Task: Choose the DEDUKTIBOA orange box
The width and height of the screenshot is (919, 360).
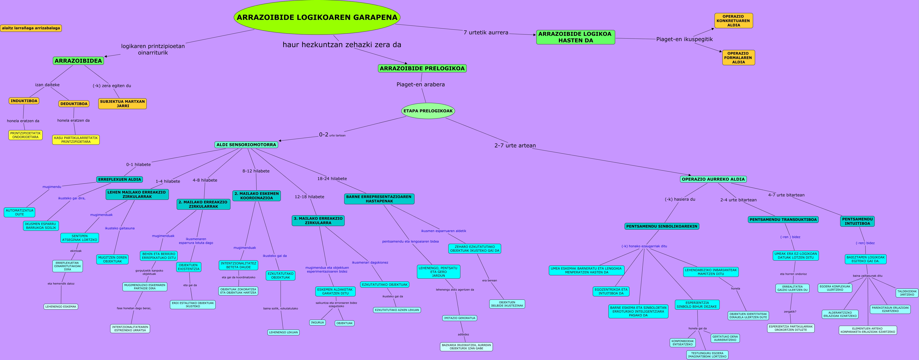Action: [74, 104]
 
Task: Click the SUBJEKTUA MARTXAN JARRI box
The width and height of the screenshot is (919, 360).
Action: [122, 104]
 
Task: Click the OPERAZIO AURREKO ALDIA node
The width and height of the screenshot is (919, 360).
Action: [713, 179]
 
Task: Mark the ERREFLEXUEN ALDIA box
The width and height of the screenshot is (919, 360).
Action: [120, 179]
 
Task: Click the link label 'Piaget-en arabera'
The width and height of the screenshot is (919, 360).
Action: [420, 84]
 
